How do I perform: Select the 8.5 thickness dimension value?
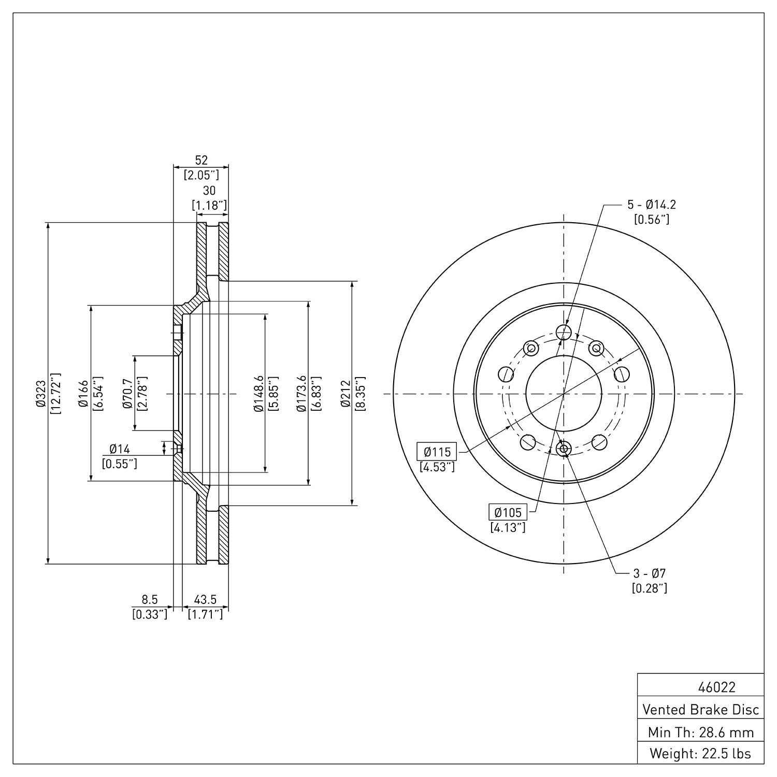[150, 600]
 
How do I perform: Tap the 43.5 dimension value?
[205, 600]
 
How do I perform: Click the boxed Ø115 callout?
[437, 452]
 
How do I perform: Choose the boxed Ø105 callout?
[508, 512]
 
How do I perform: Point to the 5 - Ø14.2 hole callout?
[652, 205]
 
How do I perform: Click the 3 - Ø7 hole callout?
[649, 573]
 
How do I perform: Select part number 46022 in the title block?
[716, 687]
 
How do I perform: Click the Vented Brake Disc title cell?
[701, 710]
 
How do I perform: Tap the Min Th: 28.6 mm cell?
[701, 732]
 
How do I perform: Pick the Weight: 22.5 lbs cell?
[701, 753]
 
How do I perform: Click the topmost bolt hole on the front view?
[563, 332]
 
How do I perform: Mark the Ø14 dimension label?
[120, 449]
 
